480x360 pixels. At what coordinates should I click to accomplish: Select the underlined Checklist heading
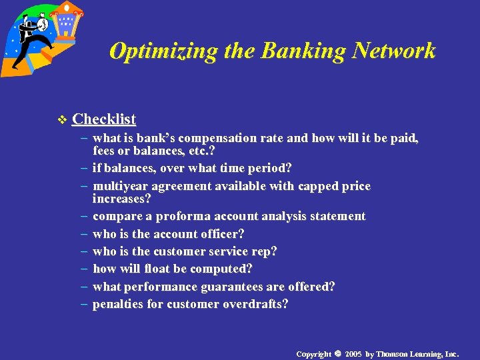104,119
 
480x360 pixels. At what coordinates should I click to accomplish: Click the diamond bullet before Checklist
63,120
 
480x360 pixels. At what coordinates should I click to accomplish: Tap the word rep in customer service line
266,251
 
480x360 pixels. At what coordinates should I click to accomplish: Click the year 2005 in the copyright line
353,353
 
